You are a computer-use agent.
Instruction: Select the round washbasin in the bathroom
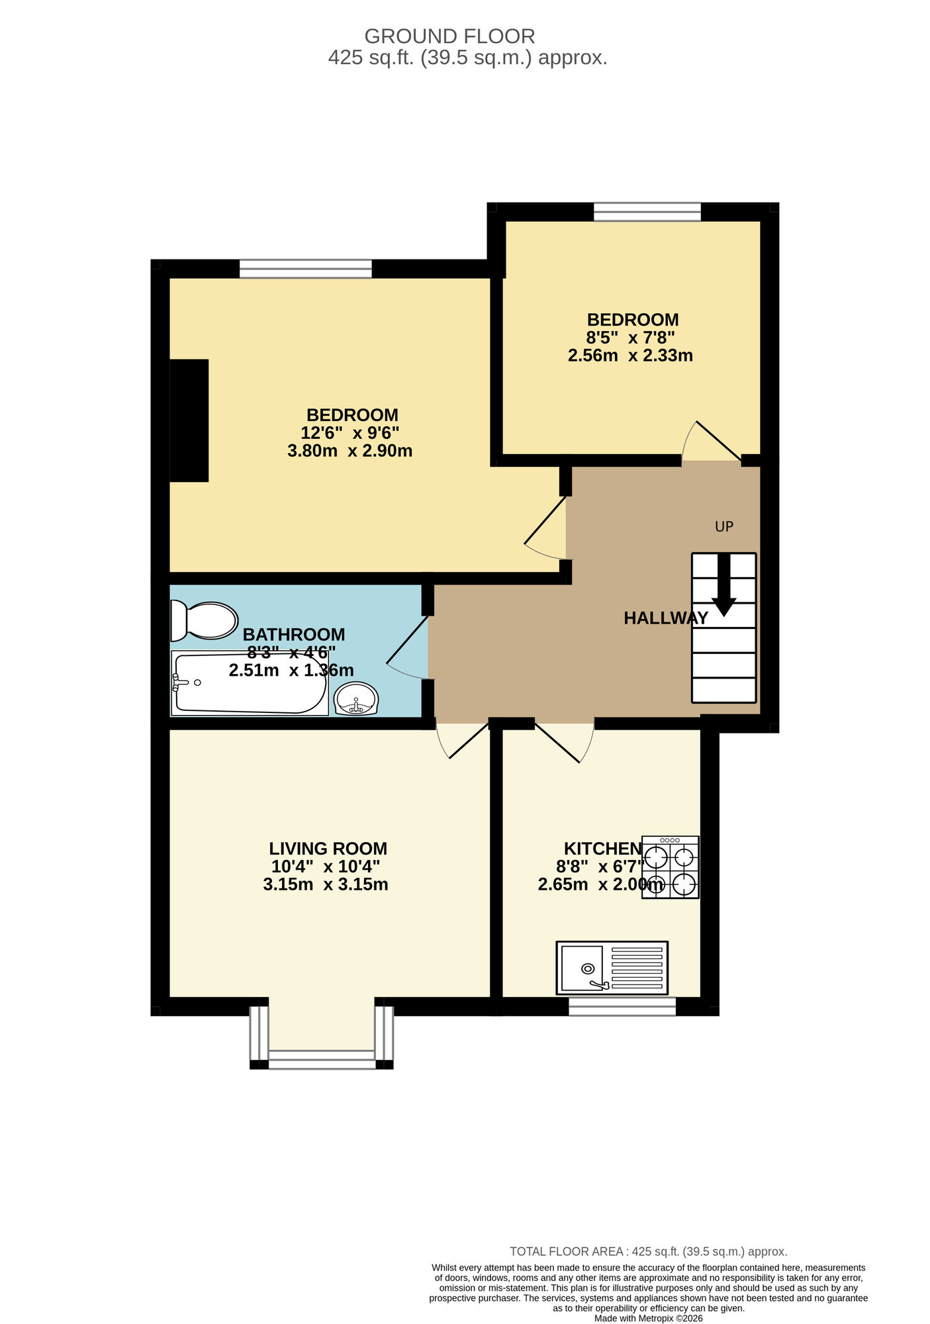point(356,698)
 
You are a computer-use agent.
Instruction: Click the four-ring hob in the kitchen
point(670,867)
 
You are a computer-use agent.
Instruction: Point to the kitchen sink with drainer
point(612,967)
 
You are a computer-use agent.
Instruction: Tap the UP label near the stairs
point(724,527)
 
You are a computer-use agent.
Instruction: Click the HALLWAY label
point(665,618)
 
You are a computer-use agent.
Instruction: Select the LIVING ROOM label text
point(328,849)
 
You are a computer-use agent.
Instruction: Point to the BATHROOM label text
point(294,635)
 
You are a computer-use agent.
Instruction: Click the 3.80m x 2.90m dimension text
point(349,451)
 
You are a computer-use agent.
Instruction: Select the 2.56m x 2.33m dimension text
point(630,355)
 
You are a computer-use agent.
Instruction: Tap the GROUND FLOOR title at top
point(449,36)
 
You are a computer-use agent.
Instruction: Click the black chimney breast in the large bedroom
point(189,420)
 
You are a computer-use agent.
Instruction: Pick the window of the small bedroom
point(647,212)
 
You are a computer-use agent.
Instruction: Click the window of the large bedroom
point(305,269)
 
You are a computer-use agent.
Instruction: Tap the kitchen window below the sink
point(622,1006)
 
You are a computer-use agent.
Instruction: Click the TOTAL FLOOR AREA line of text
point(648,1252)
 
